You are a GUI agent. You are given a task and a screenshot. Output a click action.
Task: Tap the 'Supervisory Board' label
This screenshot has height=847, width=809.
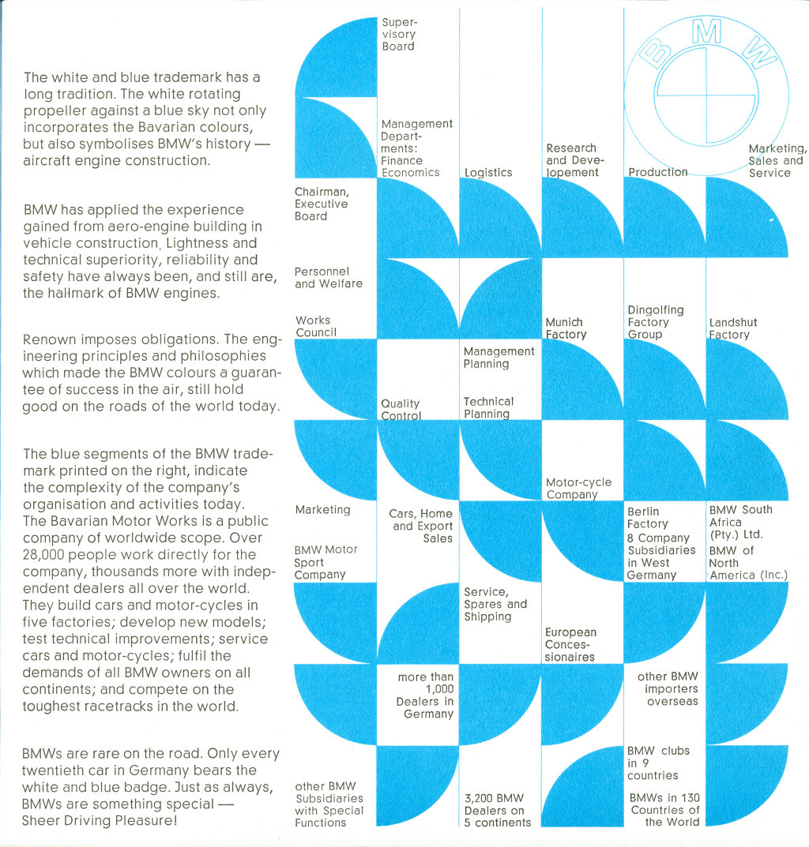[x=398, y=35]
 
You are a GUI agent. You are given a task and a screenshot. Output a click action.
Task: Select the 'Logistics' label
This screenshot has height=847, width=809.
[x=487, y=172]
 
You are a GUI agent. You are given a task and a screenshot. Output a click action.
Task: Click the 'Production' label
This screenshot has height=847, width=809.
[x=658, y=171]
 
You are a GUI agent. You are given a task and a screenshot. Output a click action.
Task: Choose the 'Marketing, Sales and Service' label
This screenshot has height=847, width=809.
[x=777, y=160]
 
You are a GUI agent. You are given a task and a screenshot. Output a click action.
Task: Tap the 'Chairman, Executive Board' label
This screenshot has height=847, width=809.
[x=322, y=204]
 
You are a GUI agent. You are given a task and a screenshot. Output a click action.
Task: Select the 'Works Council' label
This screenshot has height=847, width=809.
[x=315, y=326]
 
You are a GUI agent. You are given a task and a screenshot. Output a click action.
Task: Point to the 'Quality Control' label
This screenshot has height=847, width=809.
[x=401, y=410]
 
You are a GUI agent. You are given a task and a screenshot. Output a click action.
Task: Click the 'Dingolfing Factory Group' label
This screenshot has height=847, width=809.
[x=655, y=322]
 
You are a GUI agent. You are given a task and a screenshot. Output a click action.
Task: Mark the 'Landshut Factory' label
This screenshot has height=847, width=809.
[x=732, y=328]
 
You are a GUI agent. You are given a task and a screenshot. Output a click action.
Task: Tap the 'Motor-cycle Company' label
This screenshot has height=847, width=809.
[x=578, y=489]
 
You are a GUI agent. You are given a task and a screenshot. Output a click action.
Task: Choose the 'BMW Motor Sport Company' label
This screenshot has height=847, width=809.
[x=325, y=562]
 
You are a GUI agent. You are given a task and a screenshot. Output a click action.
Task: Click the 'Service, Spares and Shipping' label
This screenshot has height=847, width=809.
[x=495, y=604]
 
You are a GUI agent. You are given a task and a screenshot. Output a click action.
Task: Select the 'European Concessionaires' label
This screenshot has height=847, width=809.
[x=570, y=644]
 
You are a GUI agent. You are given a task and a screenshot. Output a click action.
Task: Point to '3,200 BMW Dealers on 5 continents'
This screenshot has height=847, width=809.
[x=497, y=810]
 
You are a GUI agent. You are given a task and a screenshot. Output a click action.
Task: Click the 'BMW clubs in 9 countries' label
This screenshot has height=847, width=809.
[x=657, y=763]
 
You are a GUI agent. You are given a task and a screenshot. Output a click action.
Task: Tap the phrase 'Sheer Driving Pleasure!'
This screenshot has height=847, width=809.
[x=100, y=820]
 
